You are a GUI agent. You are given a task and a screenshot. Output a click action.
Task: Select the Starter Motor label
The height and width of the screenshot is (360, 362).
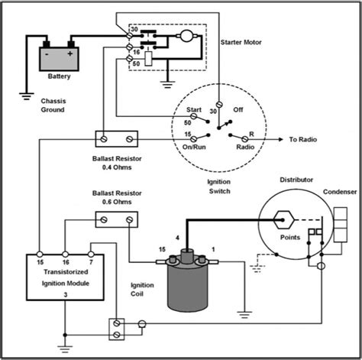(x=241, y=43)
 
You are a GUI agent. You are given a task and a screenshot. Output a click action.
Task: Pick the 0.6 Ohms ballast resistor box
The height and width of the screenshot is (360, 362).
(x=117, y=220)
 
